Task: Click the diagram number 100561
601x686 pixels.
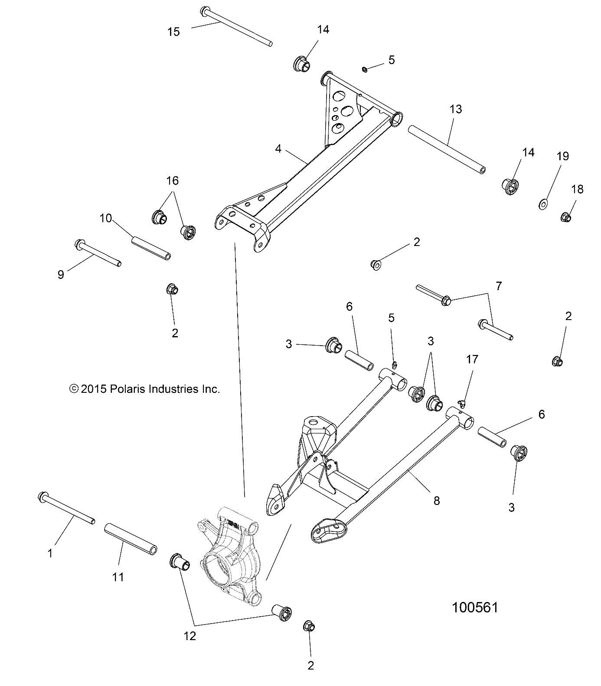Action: [x=475, y=607]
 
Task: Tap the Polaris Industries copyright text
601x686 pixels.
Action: [x=145, y=389]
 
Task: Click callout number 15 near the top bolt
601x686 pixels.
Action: [x=173, y=32]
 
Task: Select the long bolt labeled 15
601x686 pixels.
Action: [x=236, y=26]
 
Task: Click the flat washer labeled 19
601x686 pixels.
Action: [x=542, y=203]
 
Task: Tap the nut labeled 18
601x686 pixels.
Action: [x=565, y=217]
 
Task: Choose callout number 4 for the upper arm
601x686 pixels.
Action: [x=278, y=149]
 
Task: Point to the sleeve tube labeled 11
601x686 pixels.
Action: [x=130, y=538]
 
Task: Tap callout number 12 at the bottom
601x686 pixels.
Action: [x=190, y=636]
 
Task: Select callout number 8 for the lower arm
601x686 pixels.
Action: [x=436, y=501]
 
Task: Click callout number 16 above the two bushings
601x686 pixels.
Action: [x=173, y=181]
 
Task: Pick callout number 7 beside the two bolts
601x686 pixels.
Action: [x=499, y=286]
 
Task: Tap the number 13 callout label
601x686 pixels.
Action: [x=456, y=110]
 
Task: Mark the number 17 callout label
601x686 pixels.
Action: [x=472, y=359]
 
